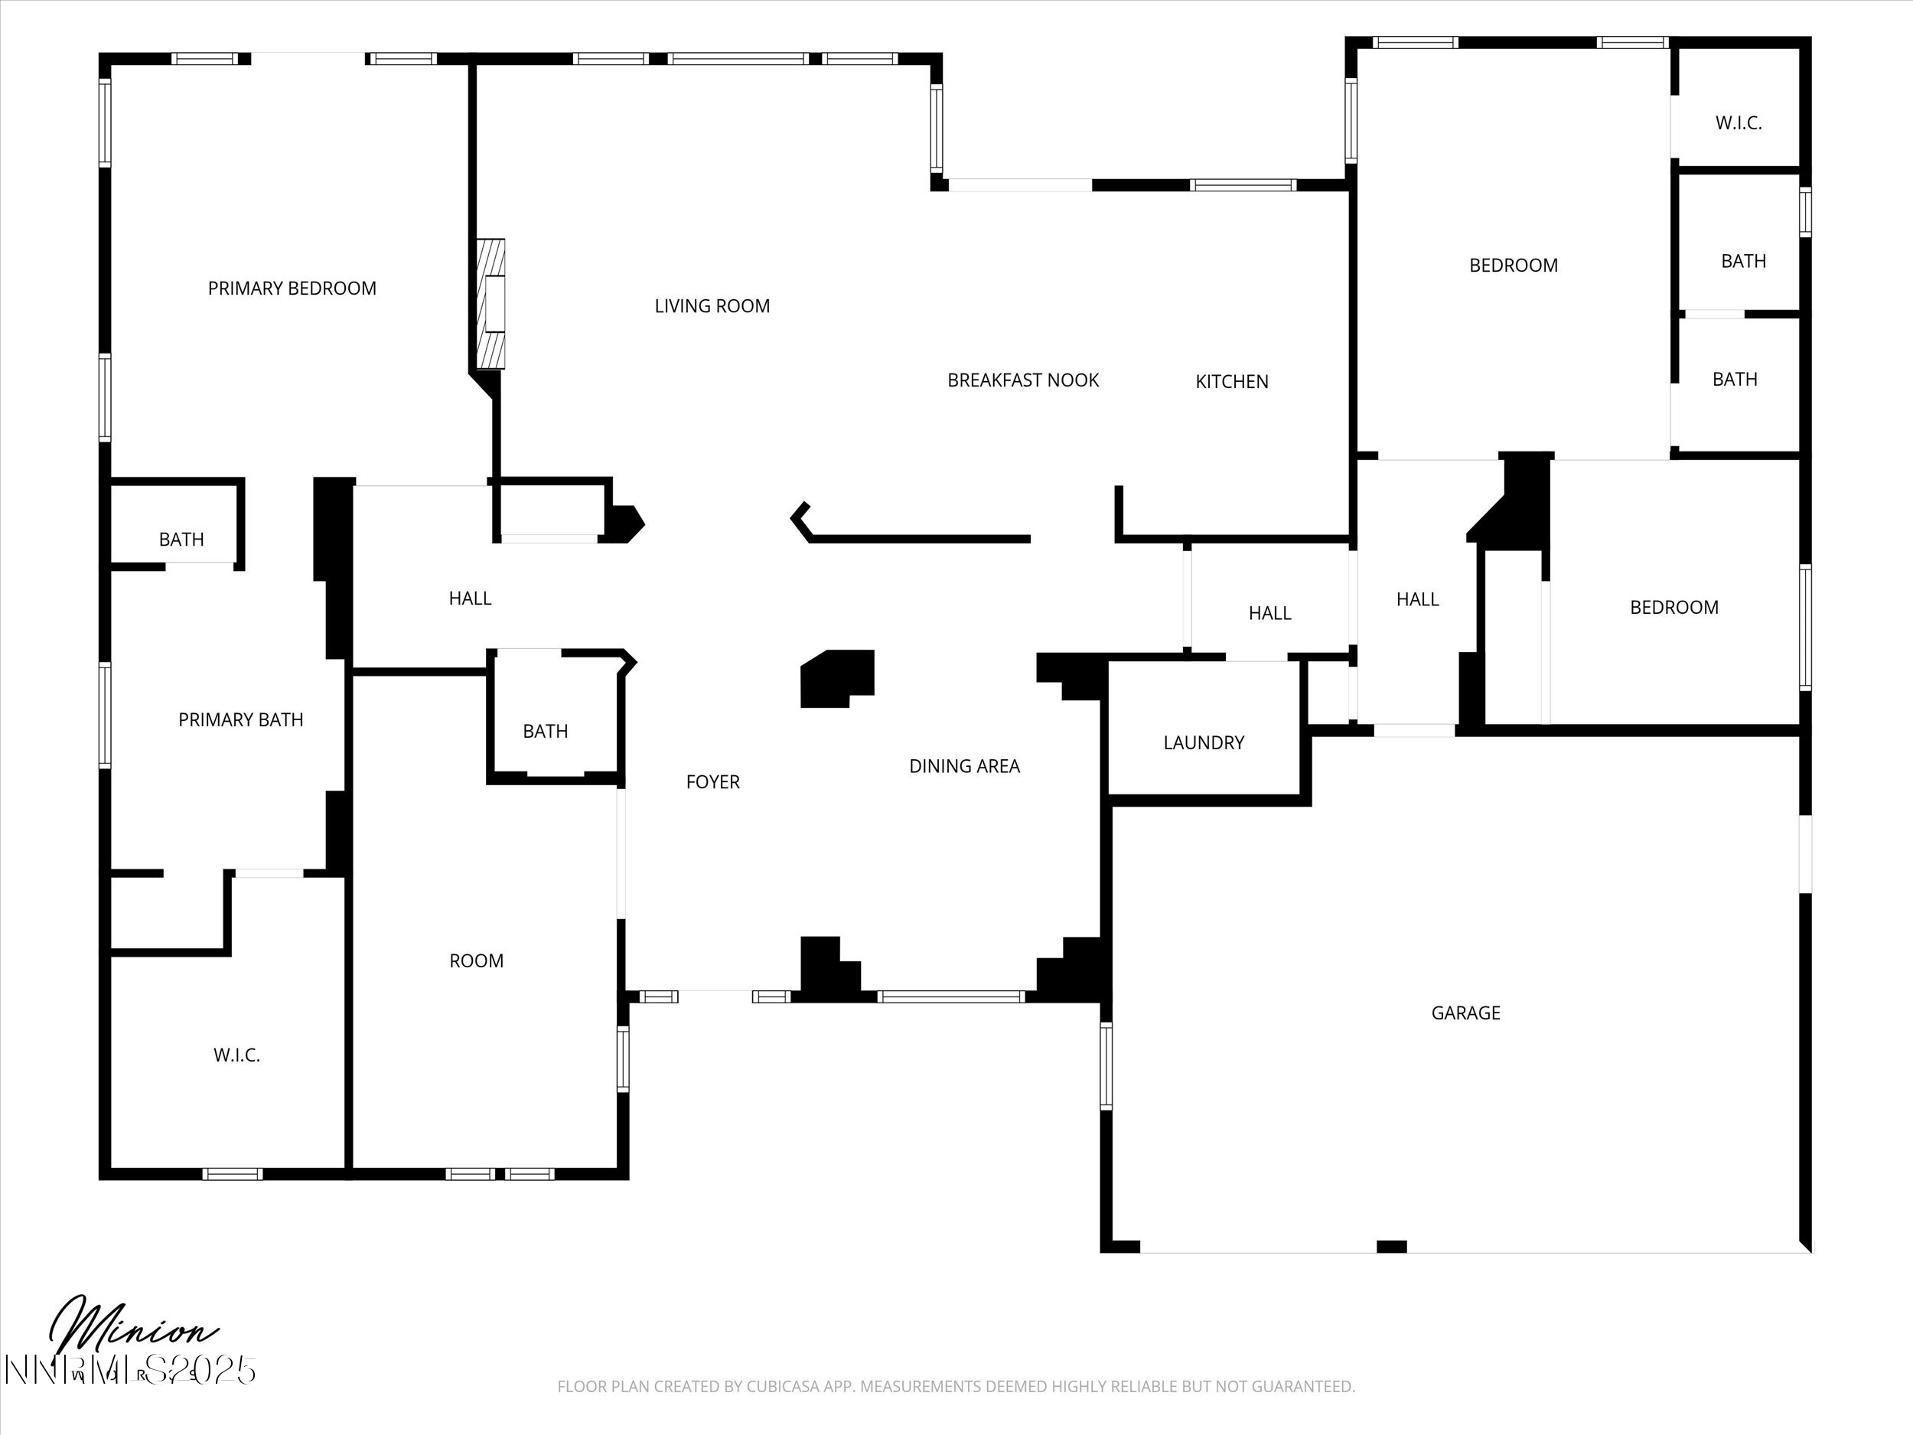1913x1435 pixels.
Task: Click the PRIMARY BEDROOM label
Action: (292, 288)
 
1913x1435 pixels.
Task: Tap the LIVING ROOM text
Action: (712, 305)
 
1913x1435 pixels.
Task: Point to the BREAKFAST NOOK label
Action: (1022, 380)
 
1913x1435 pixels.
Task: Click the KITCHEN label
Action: (1231, 381)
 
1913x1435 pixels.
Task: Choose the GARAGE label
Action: (1465, 1012)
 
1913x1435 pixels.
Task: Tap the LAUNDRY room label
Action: (1203, 742)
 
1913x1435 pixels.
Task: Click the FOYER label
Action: (712, 782)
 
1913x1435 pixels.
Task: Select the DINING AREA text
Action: (964, 765)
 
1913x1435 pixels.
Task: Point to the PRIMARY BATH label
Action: (240, 719)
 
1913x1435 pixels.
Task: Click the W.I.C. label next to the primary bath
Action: (236, 1055)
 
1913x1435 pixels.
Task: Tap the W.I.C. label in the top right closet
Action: (1739, 122)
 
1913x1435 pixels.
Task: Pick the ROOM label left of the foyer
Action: (476, 960)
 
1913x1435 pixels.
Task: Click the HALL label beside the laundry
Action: (1269, 613)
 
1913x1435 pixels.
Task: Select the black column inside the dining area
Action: (836, 679)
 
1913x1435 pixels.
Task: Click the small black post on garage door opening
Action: (1391, 1247)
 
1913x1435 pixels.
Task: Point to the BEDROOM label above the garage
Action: (1673, 607)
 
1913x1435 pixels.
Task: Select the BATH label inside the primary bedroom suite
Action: (181, 540)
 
